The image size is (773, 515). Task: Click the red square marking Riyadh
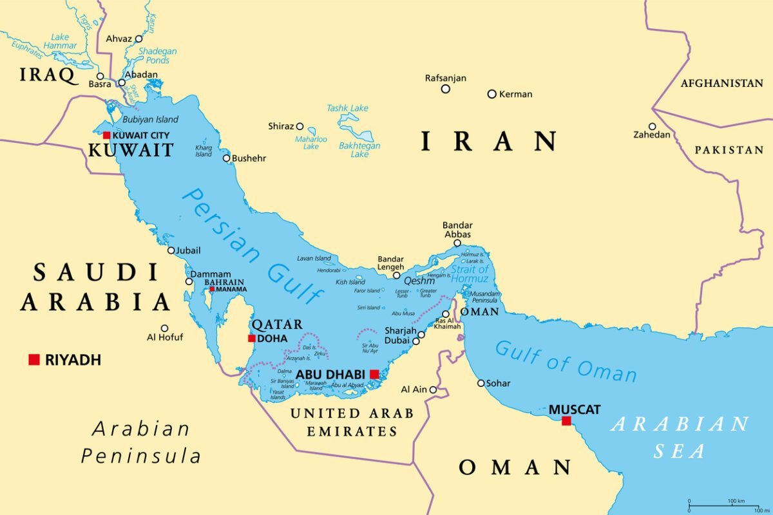click(x=34, y=359)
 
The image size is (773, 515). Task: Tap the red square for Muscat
click(x=566, y=421)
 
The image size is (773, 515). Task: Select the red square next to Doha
click(x=251, y=338)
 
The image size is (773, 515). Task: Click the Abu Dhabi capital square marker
click(x=374, y=373)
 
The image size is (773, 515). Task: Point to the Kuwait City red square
click(x=106, y=135)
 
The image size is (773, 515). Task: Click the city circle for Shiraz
click(x=300, y=126)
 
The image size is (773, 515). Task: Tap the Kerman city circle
click(x=491, y=94)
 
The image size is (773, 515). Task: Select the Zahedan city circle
click(x=652, y=127)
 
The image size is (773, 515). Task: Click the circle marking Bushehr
click(x=227, y=158)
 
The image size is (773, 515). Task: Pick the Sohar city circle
click(x=481, y=383)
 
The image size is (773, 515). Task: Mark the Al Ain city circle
click(x=433, y=389)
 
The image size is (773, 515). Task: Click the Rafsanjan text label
click(x=445, y=78)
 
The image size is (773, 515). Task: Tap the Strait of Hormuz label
click(x=470, y=274)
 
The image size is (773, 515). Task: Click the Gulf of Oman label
click(x=566, y=361)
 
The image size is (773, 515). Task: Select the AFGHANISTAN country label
click(x=721, y=83)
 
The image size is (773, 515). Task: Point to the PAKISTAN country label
click(x=729, y=149)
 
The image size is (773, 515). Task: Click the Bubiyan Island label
click(x=150, y=119)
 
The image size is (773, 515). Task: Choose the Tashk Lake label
click(x=347, y=108)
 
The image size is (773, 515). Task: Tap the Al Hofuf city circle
click(x=164, y=328)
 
